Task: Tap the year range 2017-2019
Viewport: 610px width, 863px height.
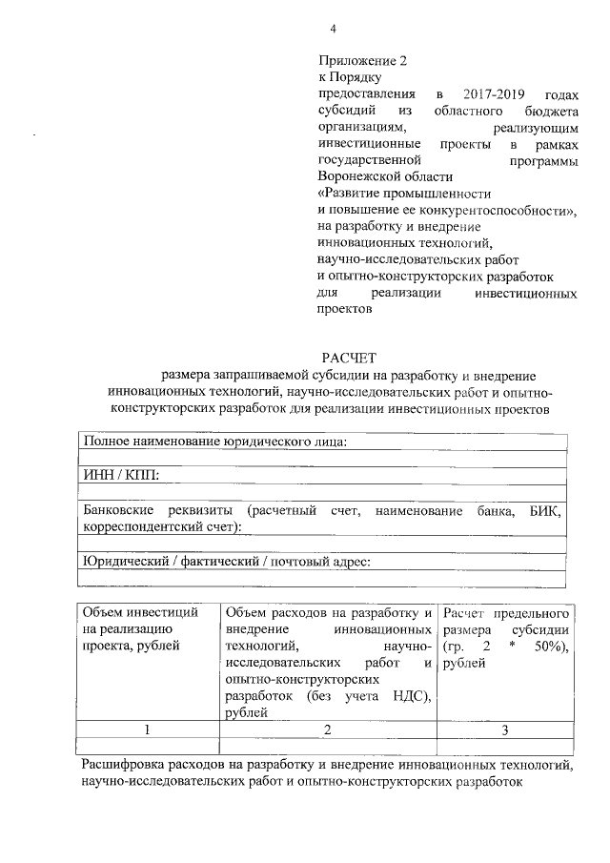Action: [x=492, y=94]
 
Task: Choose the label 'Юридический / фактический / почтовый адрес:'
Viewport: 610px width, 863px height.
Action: [x=226, y=561]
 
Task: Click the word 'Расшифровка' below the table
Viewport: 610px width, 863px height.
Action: [x=125, y=765]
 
